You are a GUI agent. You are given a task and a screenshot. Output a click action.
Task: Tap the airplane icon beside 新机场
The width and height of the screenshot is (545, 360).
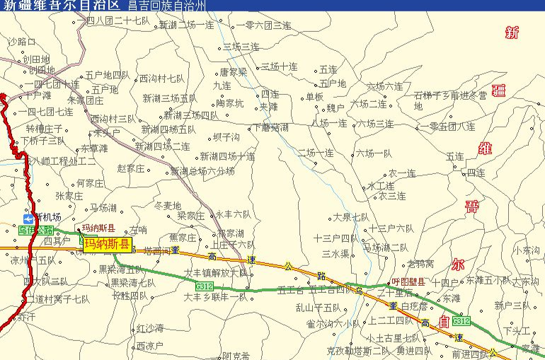tap(28, 217)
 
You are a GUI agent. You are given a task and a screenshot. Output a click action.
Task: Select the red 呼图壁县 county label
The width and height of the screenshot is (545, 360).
tap(408, 281)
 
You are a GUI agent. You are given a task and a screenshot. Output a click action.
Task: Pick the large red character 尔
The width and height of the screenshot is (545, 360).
tap(457, 265)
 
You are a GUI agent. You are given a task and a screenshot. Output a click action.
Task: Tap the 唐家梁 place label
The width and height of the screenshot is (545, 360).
tap(233, 71)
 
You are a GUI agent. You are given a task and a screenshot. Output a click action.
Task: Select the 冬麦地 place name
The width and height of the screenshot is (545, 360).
tap(168, 205)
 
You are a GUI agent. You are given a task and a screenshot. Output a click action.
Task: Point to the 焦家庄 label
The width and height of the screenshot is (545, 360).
tap(183, 237)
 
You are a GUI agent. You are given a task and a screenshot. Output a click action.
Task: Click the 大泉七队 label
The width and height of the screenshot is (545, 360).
tap(351, 217)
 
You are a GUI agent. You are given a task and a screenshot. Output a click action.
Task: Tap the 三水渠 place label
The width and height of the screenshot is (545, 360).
tap(335, 253)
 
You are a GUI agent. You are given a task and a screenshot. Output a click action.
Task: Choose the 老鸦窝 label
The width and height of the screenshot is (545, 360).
tap(420, 264)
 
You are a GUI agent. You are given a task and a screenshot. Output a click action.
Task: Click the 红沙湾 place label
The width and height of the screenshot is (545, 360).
tap(150, 328)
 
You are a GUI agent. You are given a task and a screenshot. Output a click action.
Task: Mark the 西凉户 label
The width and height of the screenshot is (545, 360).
tap(149, 346)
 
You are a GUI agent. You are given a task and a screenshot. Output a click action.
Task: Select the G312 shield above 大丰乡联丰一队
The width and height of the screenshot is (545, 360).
tap(204, 286)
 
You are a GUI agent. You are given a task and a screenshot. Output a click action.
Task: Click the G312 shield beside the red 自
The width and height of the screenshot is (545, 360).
tap(461, 321)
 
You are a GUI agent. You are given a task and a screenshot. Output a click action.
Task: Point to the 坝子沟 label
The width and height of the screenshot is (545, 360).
tap(226, 137)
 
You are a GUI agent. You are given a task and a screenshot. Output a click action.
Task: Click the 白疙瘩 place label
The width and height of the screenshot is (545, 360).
tap(414, 306)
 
